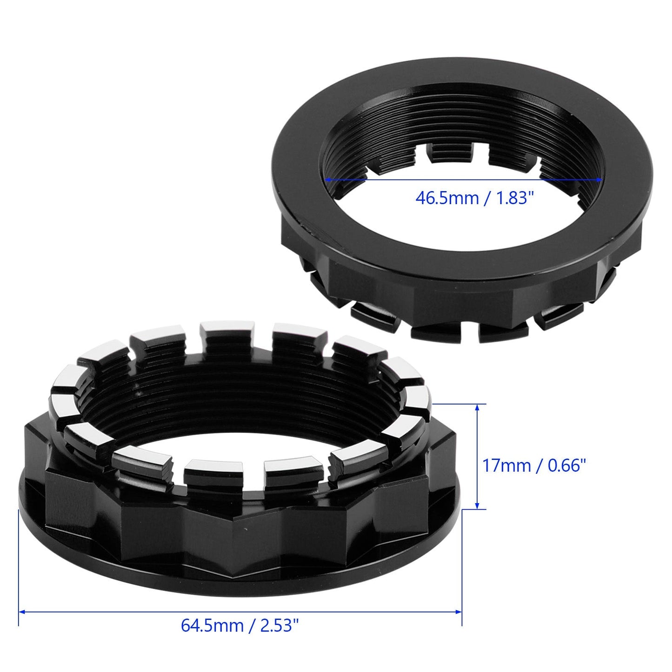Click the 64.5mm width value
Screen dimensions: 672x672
tap(212, 625)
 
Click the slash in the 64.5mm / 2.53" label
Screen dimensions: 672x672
tap(252, 625)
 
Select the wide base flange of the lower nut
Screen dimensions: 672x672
tap(233, 581)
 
